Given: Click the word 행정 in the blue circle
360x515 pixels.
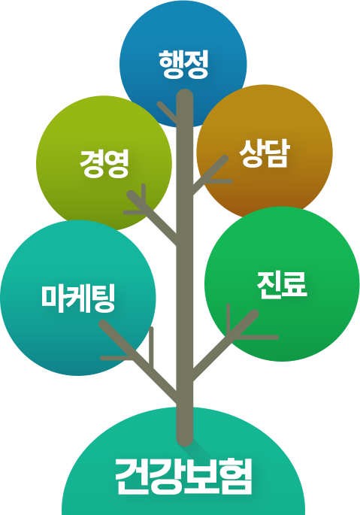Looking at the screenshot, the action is (x=183, y=65).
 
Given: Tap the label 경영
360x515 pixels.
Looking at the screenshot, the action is (x=104, y=163).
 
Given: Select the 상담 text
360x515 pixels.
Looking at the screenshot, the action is (x=265, y=153).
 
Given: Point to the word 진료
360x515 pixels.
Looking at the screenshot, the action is (x=282, y=285).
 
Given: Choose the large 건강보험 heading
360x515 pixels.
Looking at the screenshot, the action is (x=184, y=477).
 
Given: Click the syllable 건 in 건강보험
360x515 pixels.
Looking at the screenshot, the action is (x=132, y=477).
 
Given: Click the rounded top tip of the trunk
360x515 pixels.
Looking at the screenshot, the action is (x=185, y=93).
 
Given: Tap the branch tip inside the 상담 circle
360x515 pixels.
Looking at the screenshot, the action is (x=225, y=159).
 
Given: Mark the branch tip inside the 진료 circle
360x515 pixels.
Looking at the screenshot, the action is (x=254, y=314).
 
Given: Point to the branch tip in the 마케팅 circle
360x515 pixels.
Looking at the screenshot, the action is (x=103, y=324).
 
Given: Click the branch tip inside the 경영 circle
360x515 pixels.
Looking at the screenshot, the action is (x=131, y=194).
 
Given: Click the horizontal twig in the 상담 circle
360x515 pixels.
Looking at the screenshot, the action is (x=220, y=181).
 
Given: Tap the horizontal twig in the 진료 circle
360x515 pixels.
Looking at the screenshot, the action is (x=256, y=338).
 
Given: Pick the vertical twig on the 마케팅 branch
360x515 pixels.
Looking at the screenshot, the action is (x=151, y=347).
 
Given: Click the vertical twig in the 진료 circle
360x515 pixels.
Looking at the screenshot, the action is (x=228, y=319).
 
